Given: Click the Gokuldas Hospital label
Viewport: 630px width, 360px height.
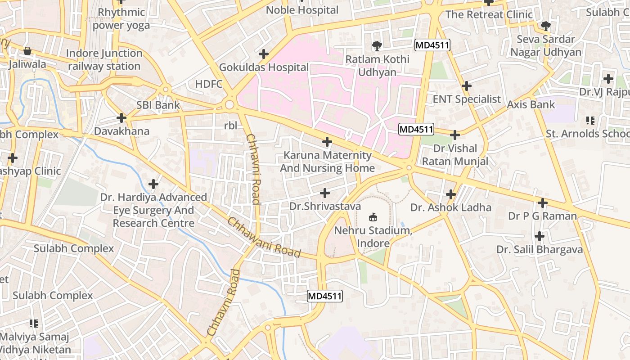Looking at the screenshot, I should [264, 67].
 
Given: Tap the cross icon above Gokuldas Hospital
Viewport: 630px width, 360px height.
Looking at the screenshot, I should [264, 54].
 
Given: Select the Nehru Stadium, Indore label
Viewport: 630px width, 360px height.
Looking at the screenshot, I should [373, 237].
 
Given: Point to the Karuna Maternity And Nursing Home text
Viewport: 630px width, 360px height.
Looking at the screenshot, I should [327, 162].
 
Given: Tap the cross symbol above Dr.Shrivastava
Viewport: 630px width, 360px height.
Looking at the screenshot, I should [324, 193].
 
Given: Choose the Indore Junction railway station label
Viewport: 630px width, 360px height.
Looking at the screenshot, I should [104, 59].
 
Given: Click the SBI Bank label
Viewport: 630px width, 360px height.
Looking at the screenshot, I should [158, 105].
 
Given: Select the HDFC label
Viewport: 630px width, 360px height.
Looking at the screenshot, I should [209, 84].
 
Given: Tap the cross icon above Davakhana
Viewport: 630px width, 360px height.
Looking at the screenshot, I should [121, 118].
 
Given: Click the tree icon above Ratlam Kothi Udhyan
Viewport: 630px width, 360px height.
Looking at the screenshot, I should [377, 45].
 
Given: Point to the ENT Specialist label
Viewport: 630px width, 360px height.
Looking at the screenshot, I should [467, 99].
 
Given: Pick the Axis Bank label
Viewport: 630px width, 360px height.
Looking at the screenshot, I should [531, 104].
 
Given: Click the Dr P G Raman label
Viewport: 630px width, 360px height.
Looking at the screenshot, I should [542, 216].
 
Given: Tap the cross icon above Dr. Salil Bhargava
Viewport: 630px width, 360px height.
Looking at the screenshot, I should [539, 236].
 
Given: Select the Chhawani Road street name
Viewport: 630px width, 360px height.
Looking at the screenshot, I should [263, 238].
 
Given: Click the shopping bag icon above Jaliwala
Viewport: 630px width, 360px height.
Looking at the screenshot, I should [27, 51].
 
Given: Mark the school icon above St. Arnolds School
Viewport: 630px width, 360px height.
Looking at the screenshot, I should [590, 121].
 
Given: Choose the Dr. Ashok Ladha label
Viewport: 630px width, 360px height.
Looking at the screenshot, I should [450, 207].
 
